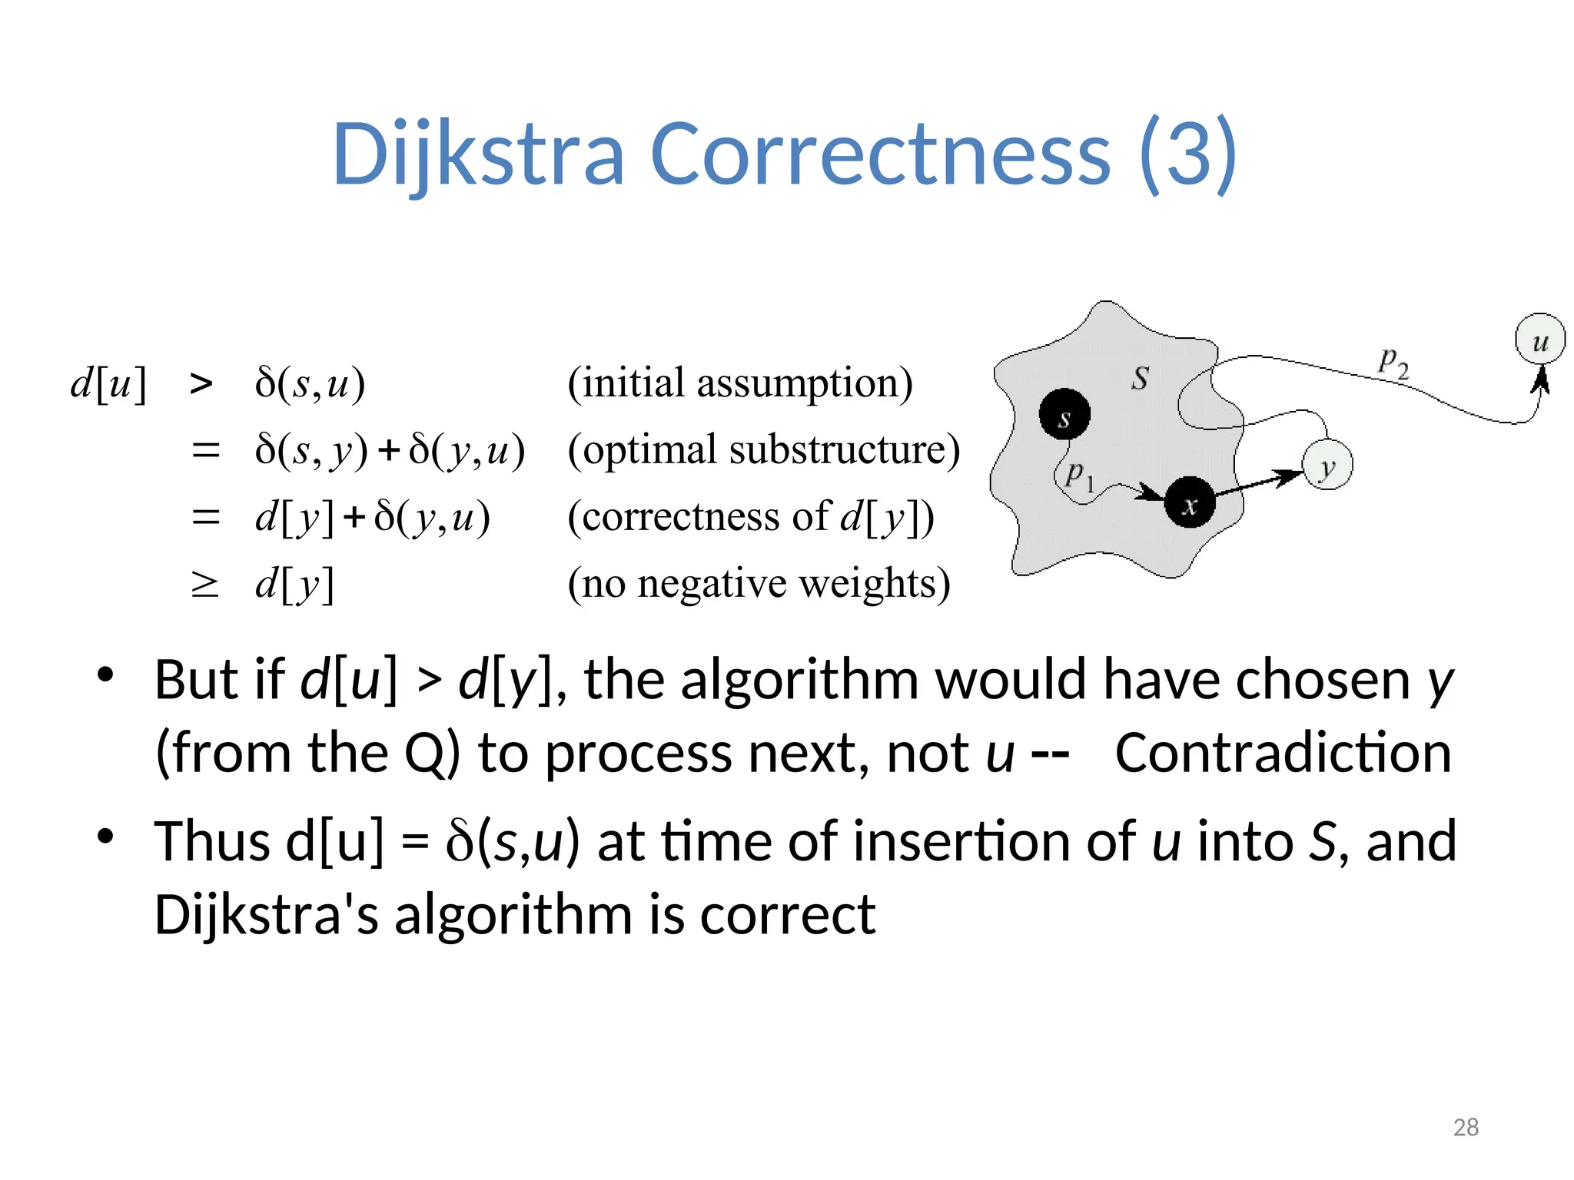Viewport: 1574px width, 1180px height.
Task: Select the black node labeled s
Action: (x=1064, y=414)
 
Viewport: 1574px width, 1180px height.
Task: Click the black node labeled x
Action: (x=1190, y=502)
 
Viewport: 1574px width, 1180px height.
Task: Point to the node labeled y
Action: (x=1327, y=465)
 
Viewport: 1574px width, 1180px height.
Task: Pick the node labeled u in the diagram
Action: (x=1540, y=339)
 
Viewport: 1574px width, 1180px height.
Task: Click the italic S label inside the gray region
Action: (x=1141, y=377)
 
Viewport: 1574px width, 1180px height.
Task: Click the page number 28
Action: (x=1466, y=1127)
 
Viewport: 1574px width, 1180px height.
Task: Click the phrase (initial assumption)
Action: (x=740, y=383)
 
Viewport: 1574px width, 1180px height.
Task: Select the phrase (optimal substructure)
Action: (x=764, y=449)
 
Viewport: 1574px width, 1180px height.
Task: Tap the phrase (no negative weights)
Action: (x=759, y=584)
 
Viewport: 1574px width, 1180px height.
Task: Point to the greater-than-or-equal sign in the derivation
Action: (x=204, y=585)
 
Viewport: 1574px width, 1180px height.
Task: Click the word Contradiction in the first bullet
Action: (x=1283, y=753)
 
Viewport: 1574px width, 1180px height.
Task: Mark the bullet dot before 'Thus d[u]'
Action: (x=105, y=837)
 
